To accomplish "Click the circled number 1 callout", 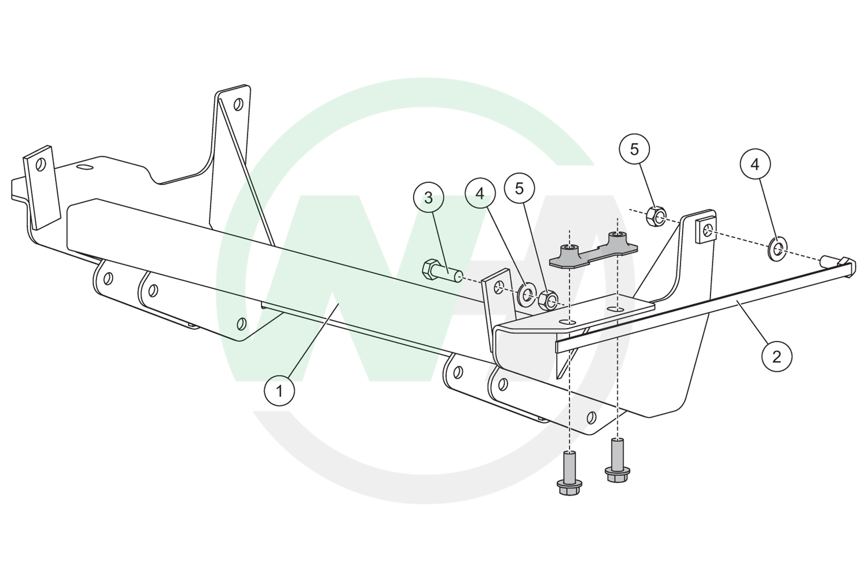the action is [279, 390].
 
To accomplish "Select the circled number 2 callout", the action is [777, 356].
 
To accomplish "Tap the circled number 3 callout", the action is [428, 198].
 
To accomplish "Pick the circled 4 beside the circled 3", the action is [480, 193].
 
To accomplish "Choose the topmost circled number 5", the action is [634, 149].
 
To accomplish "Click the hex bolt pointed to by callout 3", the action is [442, 272].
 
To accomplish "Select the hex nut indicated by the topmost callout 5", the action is [656, 217].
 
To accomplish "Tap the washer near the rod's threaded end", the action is [777, 250].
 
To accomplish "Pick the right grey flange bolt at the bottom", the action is [617, 460].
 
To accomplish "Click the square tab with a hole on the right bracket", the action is [705, 232].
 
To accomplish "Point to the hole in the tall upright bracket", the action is [238, 104].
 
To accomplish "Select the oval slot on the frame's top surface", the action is [83, 167].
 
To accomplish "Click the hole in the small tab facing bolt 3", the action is [499, 288].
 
